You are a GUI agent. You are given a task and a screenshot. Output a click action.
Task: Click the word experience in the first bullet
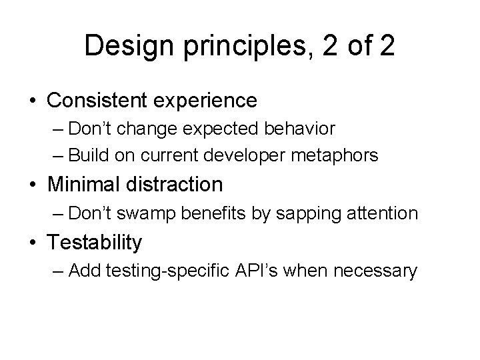point(209,101)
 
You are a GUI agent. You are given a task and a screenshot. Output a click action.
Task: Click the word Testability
point(94,243)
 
